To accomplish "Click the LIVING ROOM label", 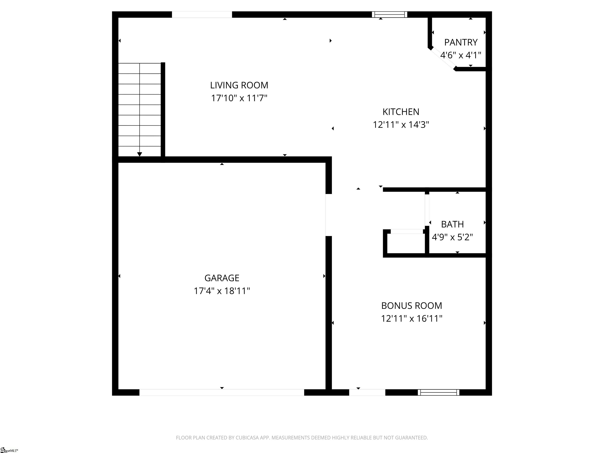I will (239, 85).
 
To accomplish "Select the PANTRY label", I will (461, 42).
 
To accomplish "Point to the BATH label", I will (452, 224).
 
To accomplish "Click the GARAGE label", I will (222, 278).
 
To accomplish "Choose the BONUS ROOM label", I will (412, 306).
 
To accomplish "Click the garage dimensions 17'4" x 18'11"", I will (222, 291).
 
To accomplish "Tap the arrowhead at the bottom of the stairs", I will (140, 154).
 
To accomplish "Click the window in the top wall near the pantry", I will (389, 15).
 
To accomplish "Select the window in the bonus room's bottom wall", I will (438, 392).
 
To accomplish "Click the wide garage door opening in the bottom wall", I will (222, 392).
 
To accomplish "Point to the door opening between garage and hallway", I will (329, 215).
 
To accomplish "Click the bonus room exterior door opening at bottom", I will (367, 392).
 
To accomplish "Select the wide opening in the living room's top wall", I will (202, 15).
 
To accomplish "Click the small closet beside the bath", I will (406, 244).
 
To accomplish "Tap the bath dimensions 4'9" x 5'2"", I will (452, 237).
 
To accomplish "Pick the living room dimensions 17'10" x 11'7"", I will (239, 98).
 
